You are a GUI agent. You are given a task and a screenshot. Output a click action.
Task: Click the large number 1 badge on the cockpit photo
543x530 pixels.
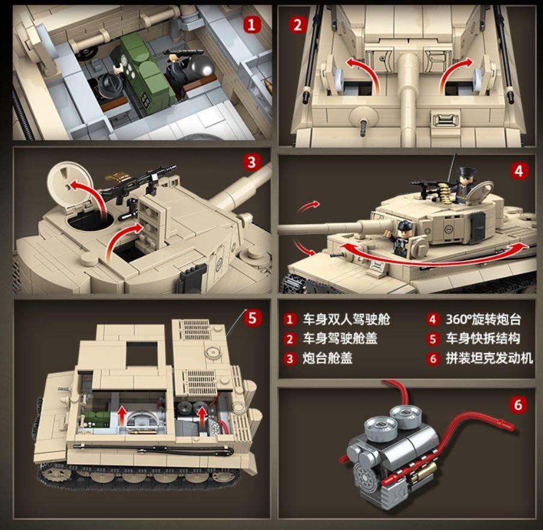click(x=251, y=25)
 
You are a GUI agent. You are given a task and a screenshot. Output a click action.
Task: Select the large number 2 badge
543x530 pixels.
click(x=297, y=25)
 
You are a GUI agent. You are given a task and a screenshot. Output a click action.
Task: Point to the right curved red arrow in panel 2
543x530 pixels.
click(x=455, y=69)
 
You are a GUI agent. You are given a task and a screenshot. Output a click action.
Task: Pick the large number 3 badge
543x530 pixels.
click(x=251, y=162)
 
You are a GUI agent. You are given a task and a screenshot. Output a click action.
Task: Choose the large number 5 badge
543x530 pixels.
click(x=251, y=318)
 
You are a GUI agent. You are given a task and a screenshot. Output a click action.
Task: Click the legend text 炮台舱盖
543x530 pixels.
click(x=327, y=359)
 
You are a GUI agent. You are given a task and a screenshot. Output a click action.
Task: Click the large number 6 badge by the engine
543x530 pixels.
click(x=518, y=405)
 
